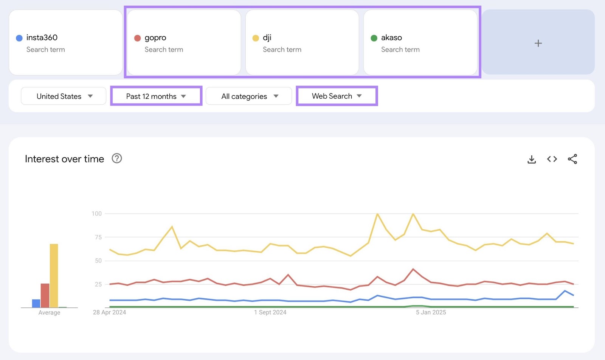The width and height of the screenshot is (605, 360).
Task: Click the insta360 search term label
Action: coord(42,37)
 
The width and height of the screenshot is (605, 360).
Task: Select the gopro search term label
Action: coord(155,37)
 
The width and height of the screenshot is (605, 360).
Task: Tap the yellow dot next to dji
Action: coord(256,38)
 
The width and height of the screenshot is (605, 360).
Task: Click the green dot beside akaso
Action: coord(374,38)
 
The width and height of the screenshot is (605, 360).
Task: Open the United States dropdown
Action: coord(64,96)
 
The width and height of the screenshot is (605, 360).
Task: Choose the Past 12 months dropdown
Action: coord(156,96)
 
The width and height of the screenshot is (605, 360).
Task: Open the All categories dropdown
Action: coord(249,96)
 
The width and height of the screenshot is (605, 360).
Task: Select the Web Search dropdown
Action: coord(337,96)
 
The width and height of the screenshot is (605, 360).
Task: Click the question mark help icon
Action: coord(117,158)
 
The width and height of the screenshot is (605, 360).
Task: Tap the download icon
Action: coord(532,159)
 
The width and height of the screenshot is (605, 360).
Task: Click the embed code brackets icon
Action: coord(552,159)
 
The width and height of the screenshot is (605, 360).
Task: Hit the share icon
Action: coord(572,159)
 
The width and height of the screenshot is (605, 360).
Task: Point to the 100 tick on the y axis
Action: coord(96,214)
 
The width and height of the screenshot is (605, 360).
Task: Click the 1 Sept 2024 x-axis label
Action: coord(270,312)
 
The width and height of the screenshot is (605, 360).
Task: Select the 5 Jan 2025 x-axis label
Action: coord(431,312)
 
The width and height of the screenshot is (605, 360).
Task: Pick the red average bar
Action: coord(45,295)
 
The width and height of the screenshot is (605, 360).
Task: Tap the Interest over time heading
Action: coord(64,159)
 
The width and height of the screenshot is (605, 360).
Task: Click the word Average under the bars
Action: coord(49,313)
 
